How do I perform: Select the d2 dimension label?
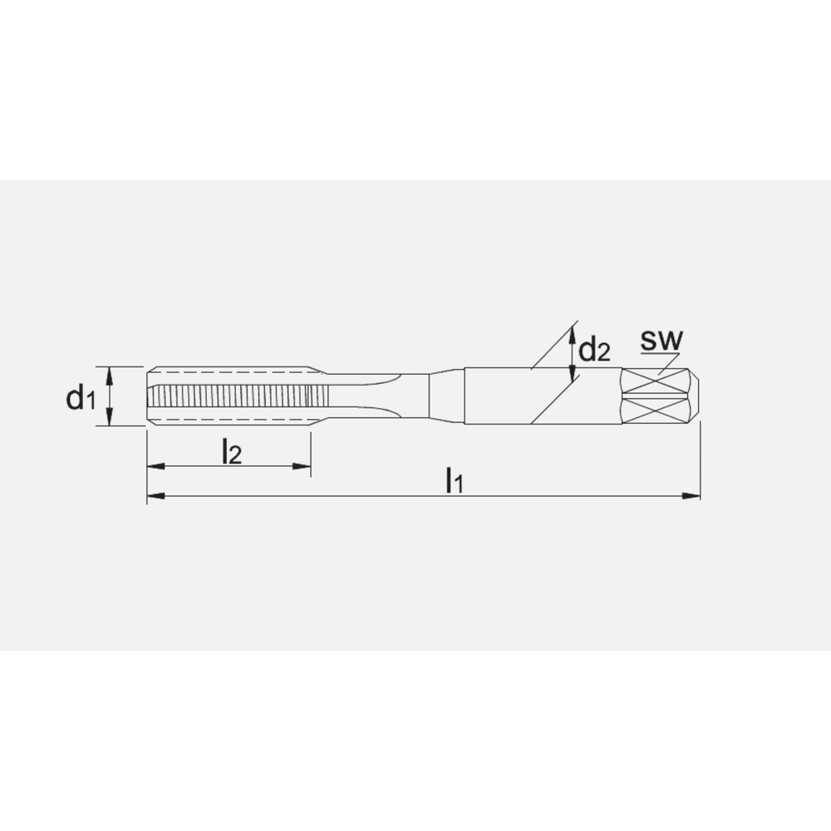(x=594, y=351)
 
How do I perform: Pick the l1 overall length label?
(x=453, y=479)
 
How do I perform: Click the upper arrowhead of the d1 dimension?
(x=110, y=371)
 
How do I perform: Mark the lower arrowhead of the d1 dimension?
(x=110, y=420)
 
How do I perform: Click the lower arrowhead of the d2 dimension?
(x=572, y=378)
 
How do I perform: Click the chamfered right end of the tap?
(x=696, y=396)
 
